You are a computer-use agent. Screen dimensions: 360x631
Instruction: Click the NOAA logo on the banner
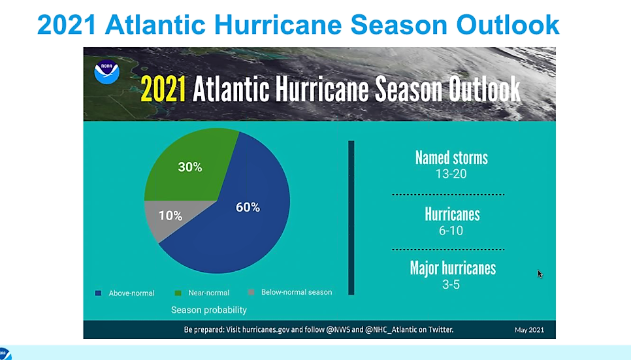point(106,72)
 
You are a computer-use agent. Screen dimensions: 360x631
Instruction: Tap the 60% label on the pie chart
point(248,207)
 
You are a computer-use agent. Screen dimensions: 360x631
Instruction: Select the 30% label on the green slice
point(190,167)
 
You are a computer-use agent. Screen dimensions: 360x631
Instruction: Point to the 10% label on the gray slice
point(170,215)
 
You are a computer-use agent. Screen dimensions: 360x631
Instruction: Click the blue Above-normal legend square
point(98,293)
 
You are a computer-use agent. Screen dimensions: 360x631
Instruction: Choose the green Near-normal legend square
point(178,293)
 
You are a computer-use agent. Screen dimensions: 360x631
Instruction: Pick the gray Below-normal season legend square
point(251,293)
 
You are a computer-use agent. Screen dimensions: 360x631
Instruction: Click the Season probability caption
point(209,310)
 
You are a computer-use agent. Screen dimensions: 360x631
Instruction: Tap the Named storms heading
point(451,157)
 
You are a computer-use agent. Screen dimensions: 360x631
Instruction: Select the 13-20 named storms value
point(451,174)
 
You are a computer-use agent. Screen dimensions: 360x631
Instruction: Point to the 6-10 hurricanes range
point(451,231)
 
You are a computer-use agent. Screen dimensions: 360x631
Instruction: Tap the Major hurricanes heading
point(453,268)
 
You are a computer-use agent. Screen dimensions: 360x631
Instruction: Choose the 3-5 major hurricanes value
point(451,284)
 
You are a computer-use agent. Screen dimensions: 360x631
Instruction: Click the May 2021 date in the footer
point(529,330)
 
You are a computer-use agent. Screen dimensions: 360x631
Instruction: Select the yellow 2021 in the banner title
point(163,90)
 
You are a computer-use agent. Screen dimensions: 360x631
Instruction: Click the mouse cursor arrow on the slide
point(540,273)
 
